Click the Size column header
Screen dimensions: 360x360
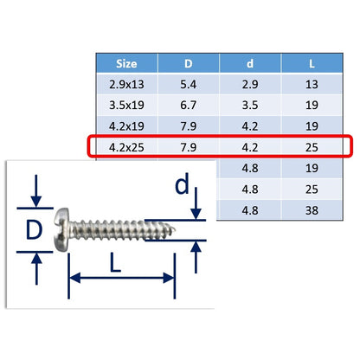point(126,64)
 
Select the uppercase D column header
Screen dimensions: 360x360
point(189,63)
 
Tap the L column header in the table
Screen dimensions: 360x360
point(312,64)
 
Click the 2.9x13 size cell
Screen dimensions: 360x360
point(126,85)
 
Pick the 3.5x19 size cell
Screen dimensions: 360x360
point(126,106)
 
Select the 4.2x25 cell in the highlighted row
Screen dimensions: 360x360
point(126,147)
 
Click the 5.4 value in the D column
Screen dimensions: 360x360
point(189,85)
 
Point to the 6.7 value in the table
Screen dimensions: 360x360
point(189,106)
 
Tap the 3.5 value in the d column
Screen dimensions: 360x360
point(250,106)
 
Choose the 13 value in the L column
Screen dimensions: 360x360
point(312,85)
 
